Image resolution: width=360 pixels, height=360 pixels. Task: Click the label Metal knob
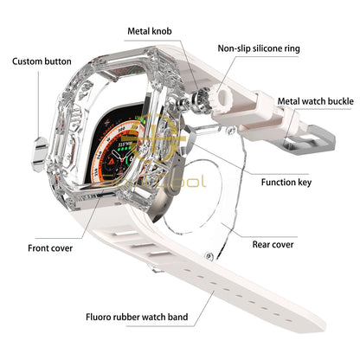(149, 31)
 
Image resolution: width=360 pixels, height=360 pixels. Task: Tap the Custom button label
(42, 62)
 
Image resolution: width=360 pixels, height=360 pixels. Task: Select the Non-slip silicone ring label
(259, 49)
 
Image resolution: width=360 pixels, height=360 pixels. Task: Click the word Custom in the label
(29, 62)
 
